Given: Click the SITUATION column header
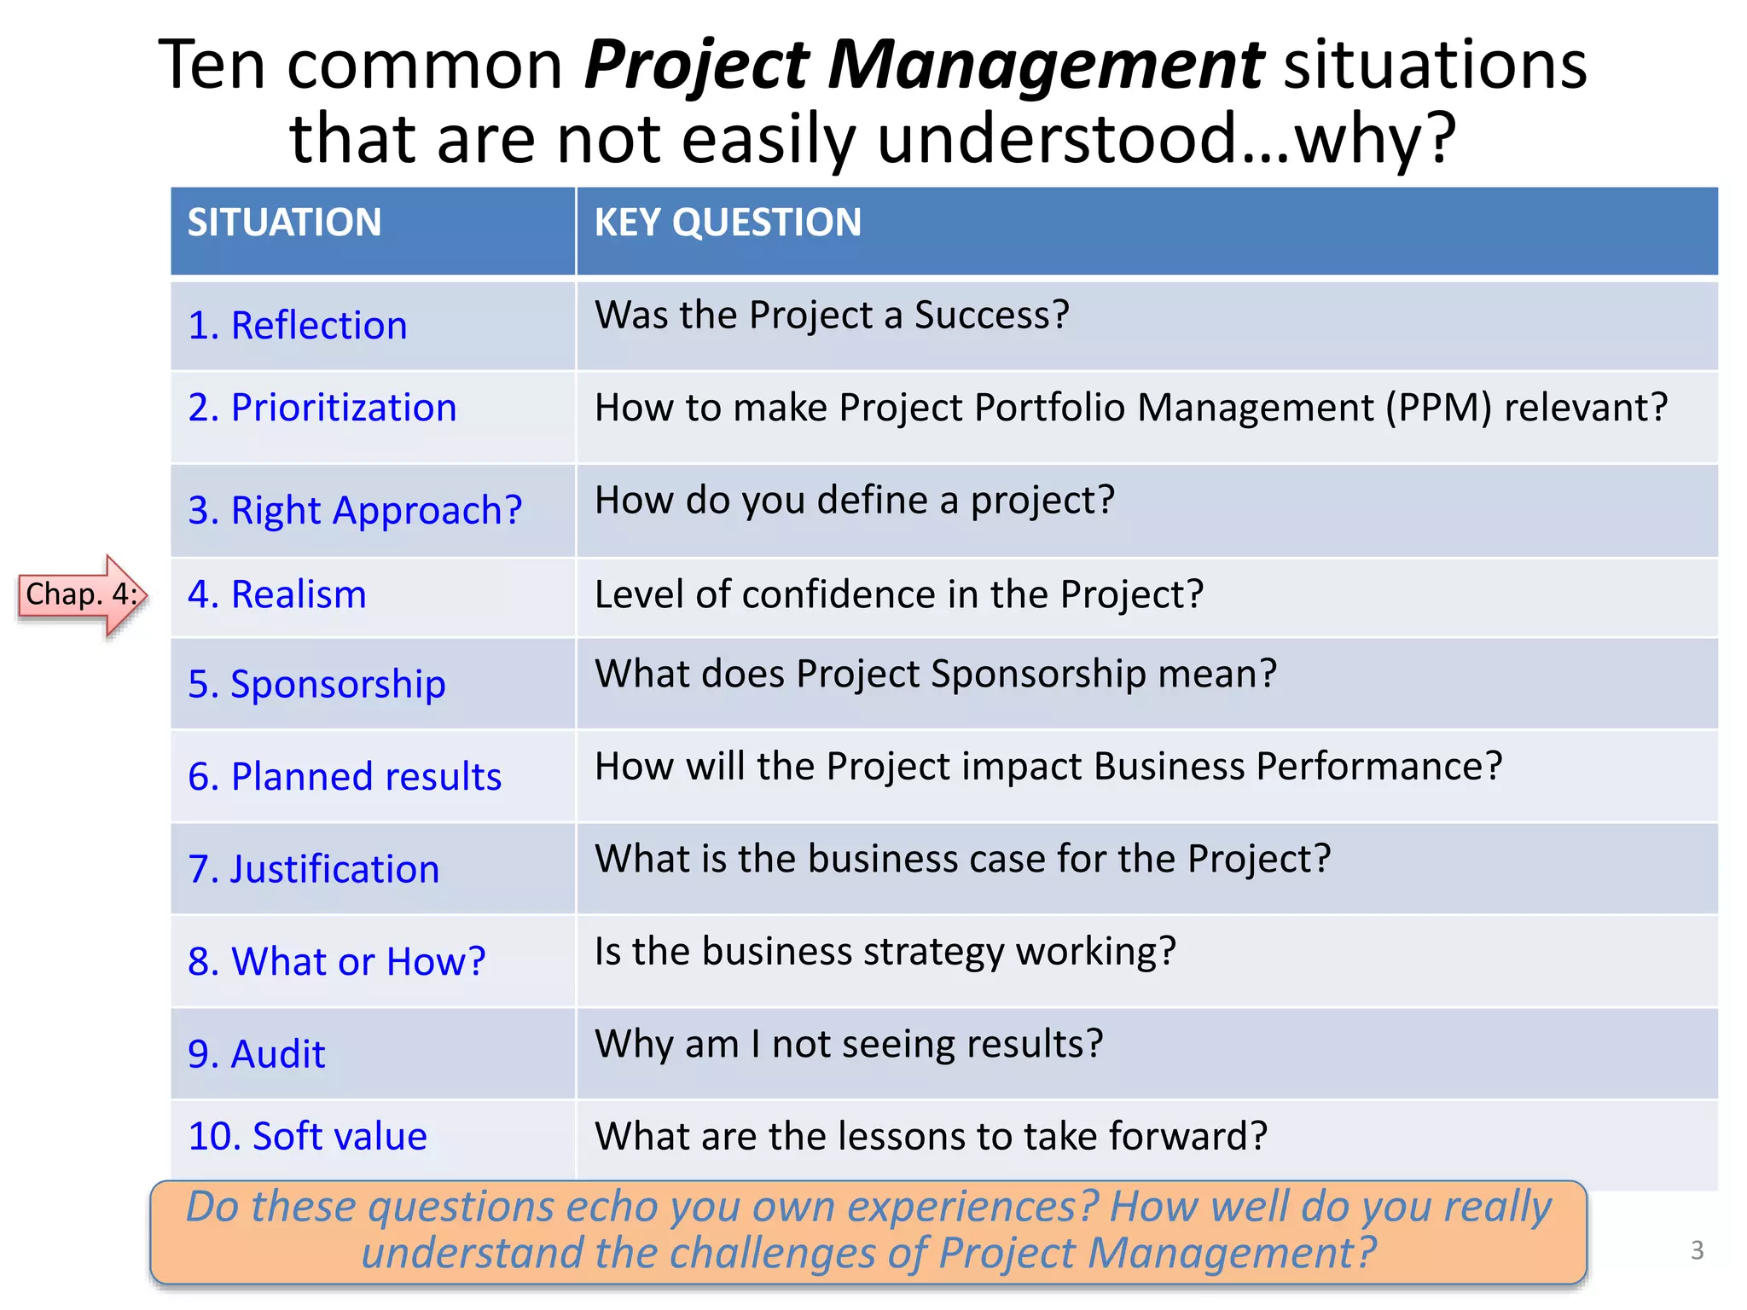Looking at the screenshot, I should pyautogui.click(x=284, y=223).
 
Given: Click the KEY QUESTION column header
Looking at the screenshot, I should pyautogui.click(x=727, y=223).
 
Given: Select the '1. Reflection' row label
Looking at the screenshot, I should pyautogui.click(x=297, y=326).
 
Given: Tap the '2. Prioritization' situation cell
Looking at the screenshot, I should pyautogui.click(x=322, y=408).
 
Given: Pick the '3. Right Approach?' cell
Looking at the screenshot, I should pyautogui.click(x=354, y=511).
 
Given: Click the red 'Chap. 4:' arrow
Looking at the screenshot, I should pyautogui.click(x=82, y=594).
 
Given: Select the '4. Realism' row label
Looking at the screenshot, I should pyautogui.click(x=276, y=594).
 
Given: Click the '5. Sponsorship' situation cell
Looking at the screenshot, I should pyautogui.click(x=316, y=684).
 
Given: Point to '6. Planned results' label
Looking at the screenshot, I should pyautogui.click(x=344, y=777).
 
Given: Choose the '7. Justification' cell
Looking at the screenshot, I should pyautogui.click(x=313, y=869).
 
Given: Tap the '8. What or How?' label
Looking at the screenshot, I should pyautogui.click(x=336, y=962).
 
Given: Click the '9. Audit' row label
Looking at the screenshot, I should pyautogui.click(x=256, y=1054).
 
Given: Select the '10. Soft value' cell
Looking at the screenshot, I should pyautogui.click(x=307, y=1137).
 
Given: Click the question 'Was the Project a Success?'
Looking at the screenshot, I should pyautogui.click(x=831, y=316).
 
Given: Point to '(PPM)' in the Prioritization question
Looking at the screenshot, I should pyautogui.click(x=1438, y=408).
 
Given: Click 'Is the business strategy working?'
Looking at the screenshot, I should pyautogui.click(x=885, y=952).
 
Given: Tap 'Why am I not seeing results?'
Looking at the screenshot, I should pyautogui.click(x=848, y=1044).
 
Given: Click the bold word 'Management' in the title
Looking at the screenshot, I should pyautogui.click(x=1044, y=65).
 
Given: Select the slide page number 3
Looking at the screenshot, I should pyautogui.click(x=1697, y=1250).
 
